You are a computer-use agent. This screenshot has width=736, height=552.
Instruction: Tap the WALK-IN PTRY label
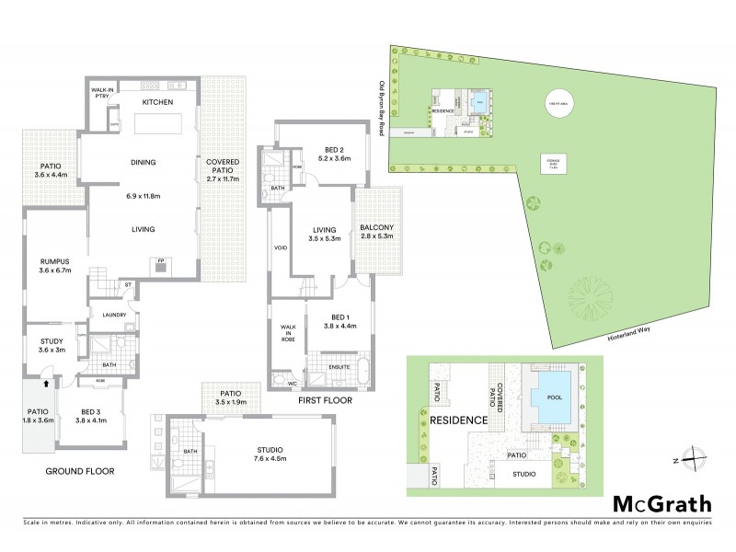click(x=102, y=93)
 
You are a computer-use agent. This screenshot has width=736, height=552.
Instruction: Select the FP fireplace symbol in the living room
click(x=160, y=260)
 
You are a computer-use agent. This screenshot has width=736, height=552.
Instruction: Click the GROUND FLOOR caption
click(x=83, y=470)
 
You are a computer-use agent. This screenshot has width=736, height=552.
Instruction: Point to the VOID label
click(x=281, y=248)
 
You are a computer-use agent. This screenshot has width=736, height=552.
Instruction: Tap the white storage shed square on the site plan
click(x=554, y=166)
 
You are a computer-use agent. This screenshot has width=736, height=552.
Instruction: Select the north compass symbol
click(x=697, y=457)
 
